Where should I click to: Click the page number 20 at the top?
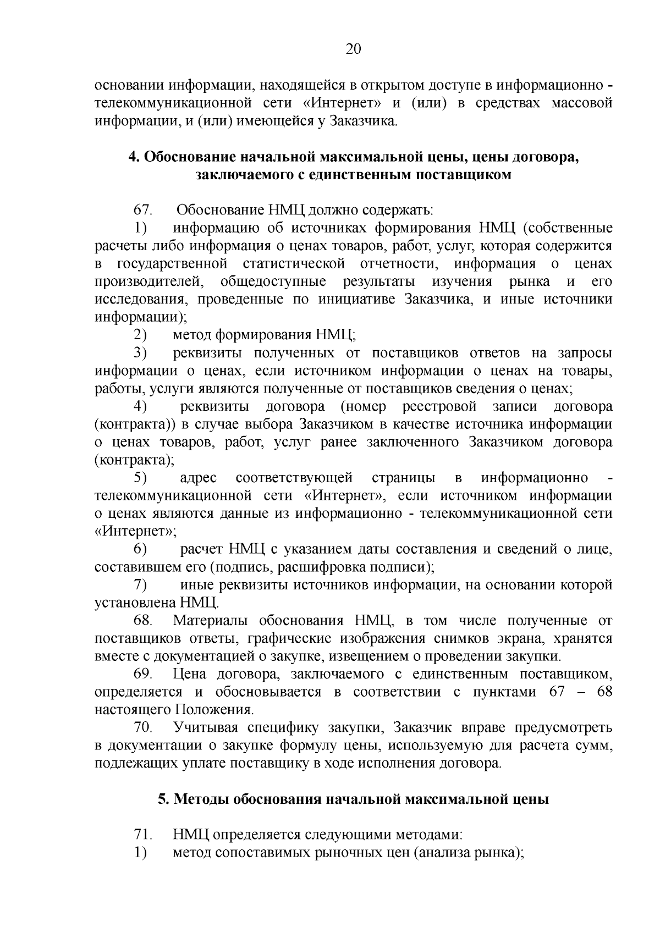pyautogui.click(x=353, y=49)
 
